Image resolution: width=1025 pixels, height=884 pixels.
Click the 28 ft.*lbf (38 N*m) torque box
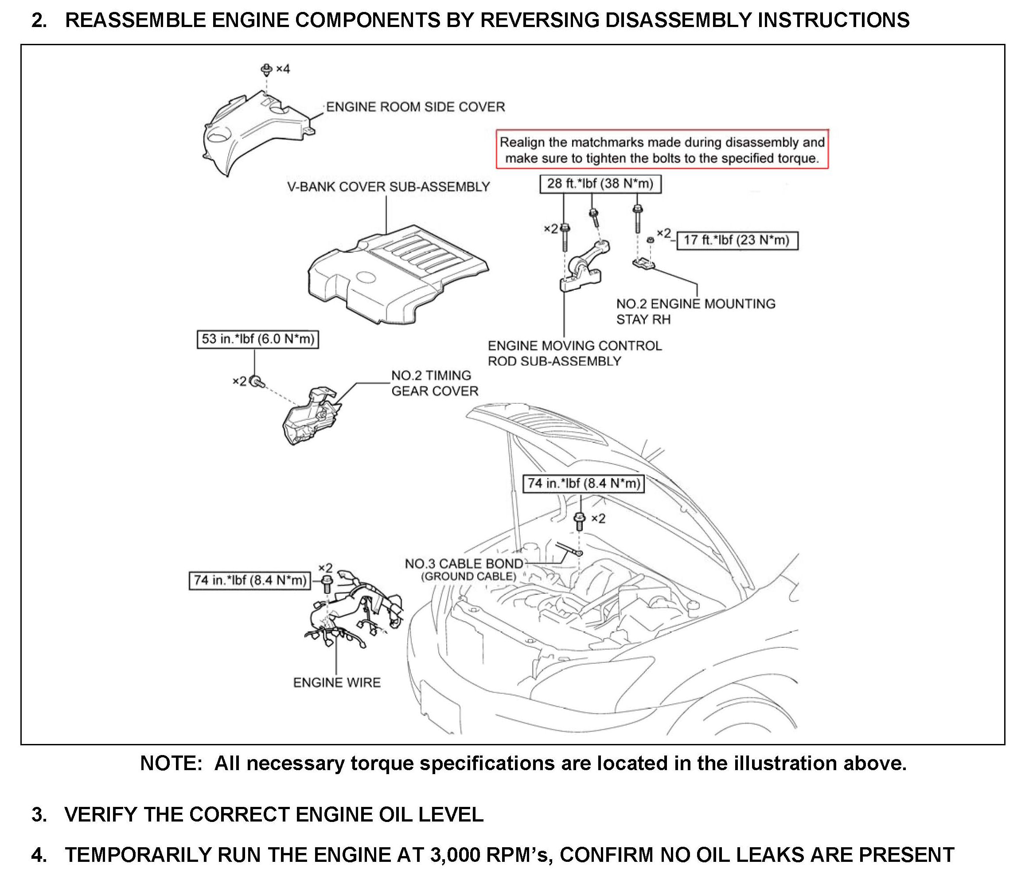click(x=600, y=184)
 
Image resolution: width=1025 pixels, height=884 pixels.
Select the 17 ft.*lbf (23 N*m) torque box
click(x=737, y=241)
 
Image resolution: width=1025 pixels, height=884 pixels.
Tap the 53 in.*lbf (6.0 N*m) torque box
click(x=258, y=339)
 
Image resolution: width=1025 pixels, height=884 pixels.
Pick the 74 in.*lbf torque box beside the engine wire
click(x=250, y=580)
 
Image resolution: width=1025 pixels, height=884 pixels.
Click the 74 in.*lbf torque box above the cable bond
click(x=584, y=483)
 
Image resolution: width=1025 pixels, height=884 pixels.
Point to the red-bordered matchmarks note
click(x=662, y=150)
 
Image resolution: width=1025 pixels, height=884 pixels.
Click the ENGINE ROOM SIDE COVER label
click(x=416, y=107)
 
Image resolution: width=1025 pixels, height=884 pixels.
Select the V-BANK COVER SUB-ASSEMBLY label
click(x=388, y=187)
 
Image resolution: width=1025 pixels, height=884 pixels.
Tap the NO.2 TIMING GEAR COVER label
click(x=434, y=383)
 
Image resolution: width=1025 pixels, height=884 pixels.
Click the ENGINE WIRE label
click(x=337, y=683)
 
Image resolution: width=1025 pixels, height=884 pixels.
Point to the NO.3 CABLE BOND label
click(x=464, y=564)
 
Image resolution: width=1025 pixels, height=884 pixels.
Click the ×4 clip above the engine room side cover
click(x=267, y=69)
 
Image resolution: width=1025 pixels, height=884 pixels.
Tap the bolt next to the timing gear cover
click(x=256, y=382)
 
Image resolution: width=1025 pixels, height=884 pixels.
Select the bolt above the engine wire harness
click(x=327, y=582)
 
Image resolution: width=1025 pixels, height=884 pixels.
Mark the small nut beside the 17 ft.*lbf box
click(x=651, y=240)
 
